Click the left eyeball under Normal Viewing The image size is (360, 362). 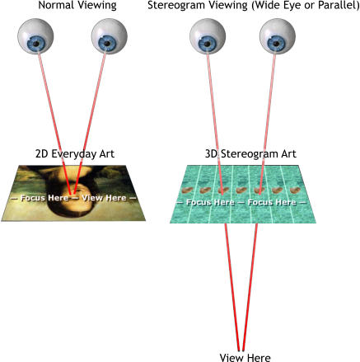point(35,36)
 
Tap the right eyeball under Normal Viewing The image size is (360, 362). point(109,36)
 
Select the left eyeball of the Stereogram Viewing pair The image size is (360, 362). point(208,36)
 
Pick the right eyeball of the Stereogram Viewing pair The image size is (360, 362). point(278,36)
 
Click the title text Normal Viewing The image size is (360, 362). point(77,6)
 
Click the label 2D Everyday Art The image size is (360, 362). point(75,154)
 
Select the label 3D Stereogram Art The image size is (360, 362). point(250,154)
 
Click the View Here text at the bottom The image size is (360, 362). point(245,357)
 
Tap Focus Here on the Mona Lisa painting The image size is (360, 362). point(44,198)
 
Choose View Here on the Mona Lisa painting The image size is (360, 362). point(104,198)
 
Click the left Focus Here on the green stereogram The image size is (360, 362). point(210,203)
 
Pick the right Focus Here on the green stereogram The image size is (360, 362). point(272,203)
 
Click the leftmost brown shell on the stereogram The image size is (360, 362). point(187,190)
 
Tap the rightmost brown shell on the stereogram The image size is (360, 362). point(295,190)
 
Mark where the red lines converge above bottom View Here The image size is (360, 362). point(241,350)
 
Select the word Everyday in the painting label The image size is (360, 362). point(72,154)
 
